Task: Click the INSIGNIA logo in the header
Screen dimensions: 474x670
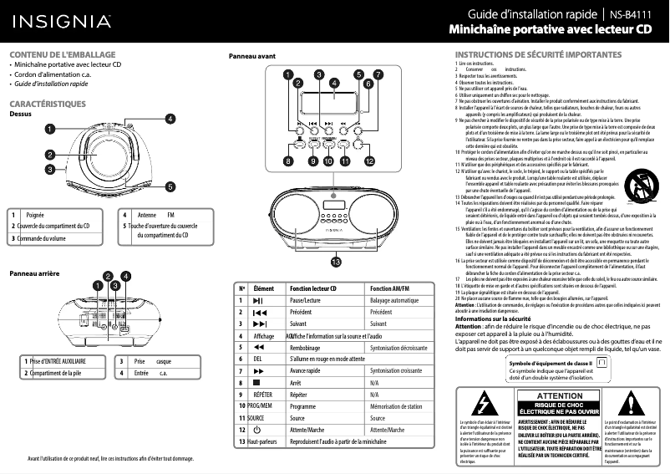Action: tap(59, 20)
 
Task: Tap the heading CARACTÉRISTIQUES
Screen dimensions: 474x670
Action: tap(48, 104)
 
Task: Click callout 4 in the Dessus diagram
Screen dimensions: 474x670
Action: tap(170, 119)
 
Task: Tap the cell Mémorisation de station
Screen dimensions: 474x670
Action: tap(395, 405)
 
